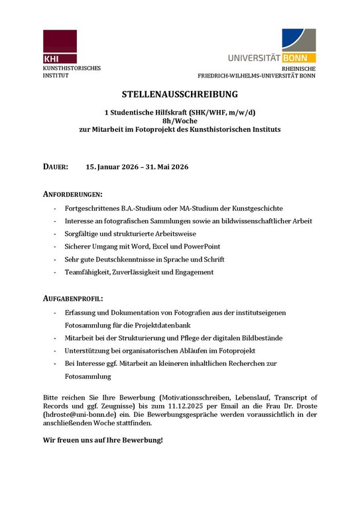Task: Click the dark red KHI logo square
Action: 60,46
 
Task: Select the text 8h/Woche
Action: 180,121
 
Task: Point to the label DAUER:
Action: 56,167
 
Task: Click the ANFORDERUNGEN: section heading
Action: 72,194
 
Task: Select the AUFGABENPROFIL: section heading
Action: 73,299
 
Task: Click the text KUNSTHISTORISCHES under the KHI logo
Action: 72,69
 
